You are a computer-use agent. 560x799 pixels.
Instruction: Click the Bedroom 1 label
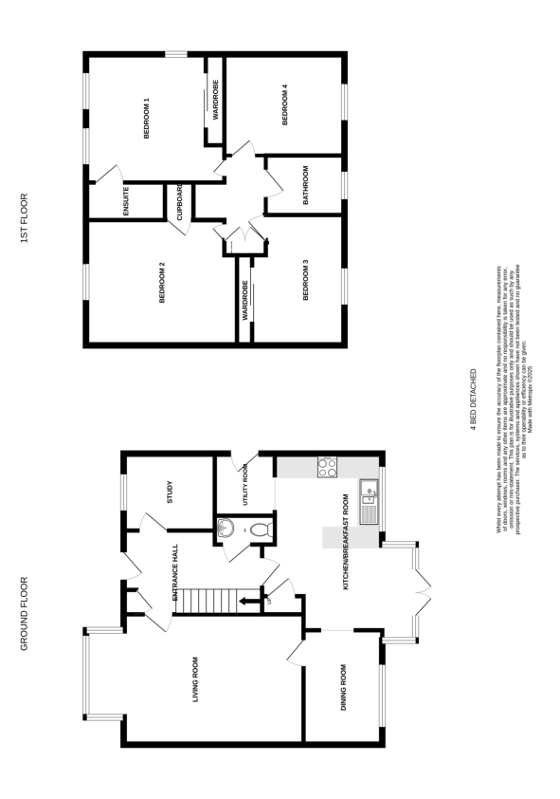147,119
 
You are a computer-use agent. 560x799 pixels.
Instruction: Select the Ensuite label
126,201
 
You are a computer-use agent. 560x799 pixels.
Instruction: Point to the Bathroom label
306,186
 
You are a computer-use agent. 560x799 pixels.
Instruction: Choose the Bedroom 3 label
306,281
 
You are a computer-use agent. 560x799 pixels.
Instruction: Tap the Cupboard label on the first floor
179,201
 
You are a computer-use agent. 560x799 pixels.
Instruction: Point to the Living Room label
195,679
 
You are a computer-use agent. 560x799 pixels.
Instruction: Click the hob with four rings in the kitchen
327,467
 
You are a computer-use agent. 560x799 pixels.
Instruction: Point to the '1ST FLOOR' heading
26,219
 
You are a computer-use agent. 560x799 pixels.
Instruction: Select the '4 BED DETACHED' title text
474,400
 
